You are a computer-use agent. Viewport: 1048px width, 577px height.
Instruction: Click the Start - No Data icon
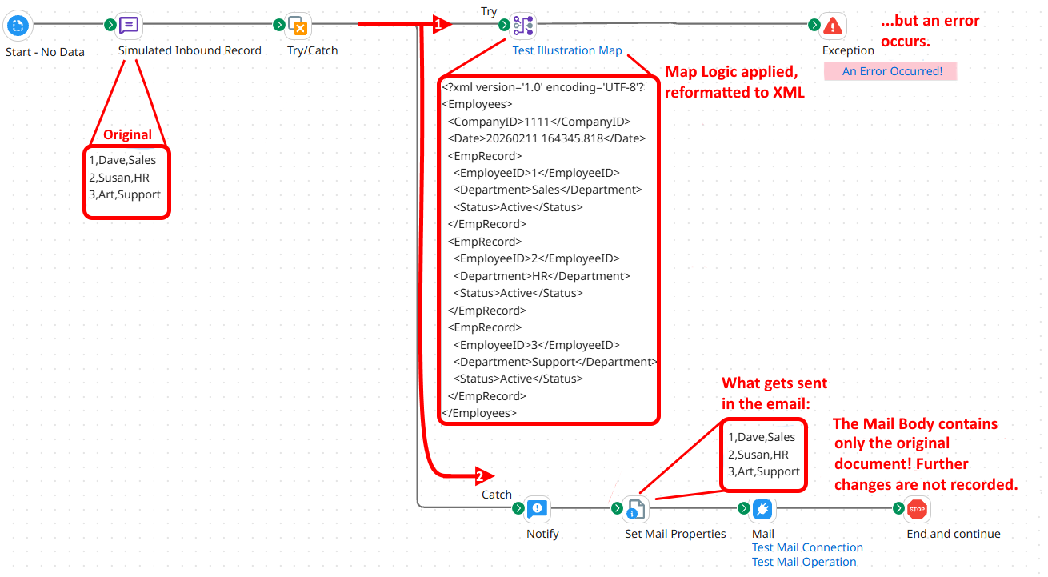pyautogui.click(x=18, y=26)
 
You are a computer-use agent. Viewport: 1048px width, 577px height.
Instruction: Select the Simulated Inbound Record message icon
pyautogui.click(x=130, y=26)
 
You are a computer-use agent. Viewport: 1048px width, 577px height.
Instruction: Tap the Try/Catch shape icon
pyautogui.click(x=298, y=26)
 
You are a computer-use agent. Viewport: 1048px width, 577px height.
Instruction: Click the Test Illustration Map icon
pyautogui.click(x=523, y=26)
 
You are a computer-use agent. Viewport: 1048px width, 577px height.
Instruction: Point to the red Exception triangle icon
pyautogui.click(x=833, y=26)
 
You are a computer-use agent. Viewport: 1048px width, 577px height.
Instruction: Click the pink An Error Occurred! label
pyautogui.click(x=891, y=71)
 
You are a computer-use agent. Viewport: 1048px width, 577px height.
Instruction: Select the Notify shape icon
pyautogui.click(x=537, y=508)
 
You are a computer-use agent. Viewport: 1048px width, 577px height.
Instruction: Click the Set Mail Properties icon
pyautogui.click(x=634, y=508)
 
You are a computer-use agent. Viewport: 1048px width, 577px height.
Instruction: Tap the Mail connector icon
pyautogui.click(x=762, y=508)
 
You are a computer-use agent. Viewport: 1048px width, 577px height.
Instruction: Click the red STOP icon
pyautogui.click(x=917, y=508)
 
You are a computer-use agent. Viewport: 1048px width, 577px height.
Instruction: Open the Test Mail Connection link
pyautogui.click(x=807, y=547)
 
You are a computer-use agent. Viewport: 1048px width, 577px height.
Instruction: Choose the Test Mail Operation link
pyautogui.click(x=804, y=562)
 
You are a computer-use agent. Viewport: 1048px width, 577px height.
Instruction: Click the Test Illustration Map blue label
pyautogui.click(x=566, y=50)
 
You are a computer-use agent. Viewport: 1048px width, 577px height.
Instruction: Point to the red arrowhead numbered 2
pyautogui.click(x=483, y=476)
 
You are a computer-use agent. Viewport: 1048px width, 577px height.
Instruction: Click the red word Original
pyautogui.click(x=127, y=134)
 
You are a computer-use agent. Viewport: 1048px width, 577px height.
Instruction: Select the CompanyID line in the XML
pyautogui.click(x=538, y=122)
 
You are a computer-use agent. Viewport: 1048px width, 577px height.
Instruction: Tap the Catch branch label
pyautogui.click(x=496, y=495)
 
